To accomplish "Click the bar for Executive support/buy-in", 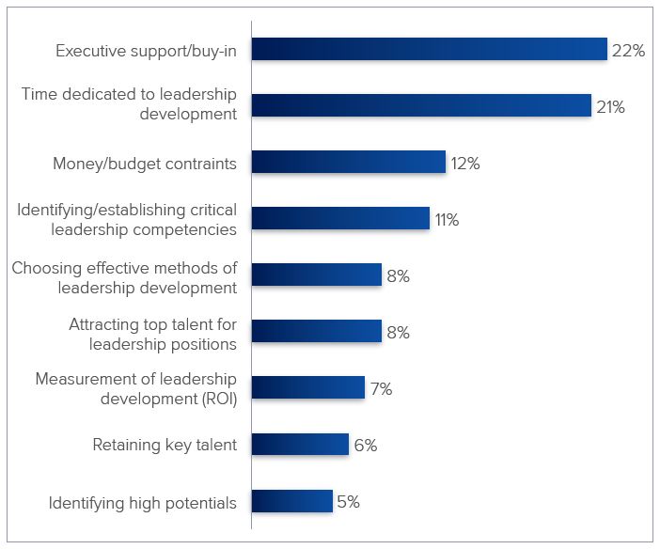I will pyautogui.click(x=429, y=50).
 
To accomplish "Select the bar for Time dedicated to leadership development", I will pyautogui.click(x=420, y=105).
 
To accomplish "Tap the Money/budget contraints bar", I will pyautogui.click(x=348, y=163).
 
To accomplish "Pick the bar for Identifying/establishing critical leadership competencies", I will pyautogui.click(x=339, y=219).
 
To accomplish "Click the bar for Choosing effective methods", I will pyautogui.click(x=316, y=275).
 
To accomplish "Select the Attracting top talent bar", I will pyautogui.click(x=316, y=332).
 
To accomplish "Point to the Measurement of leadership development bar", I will pyautogui.click(x=307, y=388).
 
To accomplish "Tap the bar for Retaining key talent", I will pyautogui.click(x=300, y=445).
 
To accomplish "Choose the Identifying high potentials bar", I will pyautogui.click(x=291, y=501).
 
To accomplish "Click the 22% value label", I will pyautogui.click(x=628, y=51).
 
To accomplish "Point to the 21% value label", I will pyautogui.click(x=610, y=106).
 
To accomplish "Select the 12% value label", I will pyautogui.click(x=464, y=164).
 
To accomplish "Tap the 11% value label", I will pyautogui.click(x=446, y=220).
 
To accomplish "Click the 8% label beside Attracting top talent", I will pyautogui.click(x=398, y=333).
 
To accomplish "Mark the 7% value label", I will pyautogui.click(x=381, y=389).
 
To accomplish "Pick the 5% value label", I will pyautogui.click(x=348, y=502).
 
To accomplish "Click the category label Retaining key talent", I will pyautogui.click(x=165, y=446).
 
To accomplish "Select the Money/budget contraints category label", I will pyautogui.click(x=144, y=164).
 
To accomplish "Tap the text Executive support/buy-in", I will pyautogui.click(x=146, y=51).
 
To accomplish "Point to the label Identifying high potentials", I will pyautogui.click(x=143, y=503).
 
